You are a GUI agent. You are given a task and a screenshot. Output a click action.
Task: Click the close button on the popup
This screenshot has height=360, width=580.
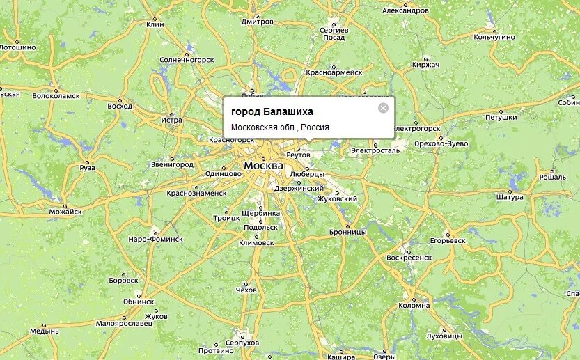[383, 108]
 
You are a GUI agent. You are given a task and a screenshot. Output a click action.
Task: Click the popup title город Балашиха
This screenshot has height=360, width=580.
[272, 111]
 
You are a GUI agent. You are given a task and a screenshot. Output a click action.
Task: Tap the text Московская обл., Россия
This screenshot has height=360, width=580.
[280, 127]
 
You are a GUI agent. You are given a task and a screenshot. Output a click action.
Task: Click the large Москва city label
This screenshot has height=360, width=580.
[263, 166]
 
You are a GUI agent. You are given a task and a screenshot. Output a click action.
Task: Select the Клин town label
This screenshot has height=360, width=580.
[155, 24]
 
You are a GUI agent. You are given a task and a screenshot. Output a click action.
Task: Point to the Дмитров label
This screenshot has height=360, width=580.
[258, 22]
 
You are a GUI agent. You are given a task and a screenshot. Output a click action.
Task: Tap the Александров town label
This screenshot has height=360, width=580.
[406, 10]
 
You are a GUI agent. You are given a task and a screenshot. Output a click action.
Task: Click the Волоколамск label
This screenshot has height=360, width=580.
[56, 95]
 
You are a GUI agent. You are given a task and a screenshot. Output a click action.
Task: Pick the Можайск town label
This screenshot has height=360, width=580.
[65, 211]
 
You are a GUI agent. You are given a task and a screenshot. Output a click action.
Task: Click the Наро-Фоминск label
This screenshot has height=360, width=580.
[155, 238]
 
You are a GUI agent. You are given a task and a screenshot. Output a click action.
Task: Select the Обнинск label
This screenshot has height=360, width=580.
[139, 302]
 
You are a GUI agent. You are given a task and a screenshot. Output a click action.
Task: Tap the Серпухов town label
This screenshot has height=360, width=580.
[242, 343]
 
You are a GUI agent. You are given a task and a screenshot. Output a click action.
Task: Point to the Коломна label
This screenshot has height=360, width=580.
[414, 305]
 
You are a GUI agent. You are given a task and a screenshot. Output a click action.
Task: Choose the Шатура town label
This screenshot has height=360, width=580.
[509, 197]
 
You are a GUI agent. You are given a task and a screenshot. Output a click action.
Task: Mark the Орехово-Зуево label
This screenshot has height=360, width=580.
[441, 143]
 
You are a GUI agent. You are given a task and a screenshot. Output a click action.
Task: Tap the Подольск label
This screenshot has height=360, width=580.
[261, 228]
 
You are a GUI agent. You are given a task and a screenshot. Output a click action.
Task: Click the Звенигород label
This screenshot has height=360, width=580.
[172, 164]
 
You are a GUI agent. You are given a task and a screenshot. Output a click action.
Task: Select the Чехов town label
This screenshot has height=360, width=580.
[245, 290]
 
